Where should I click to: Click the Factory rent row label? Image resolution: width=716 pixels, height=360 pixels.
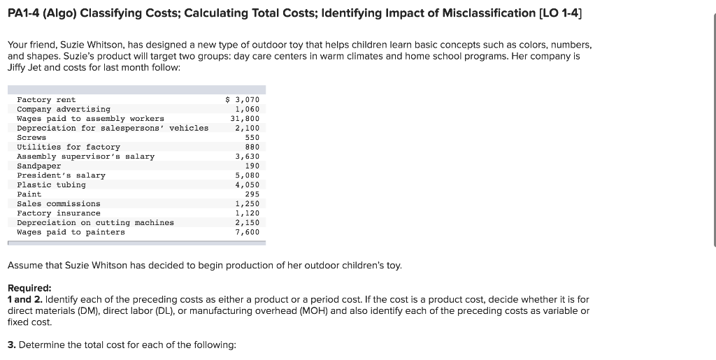46,100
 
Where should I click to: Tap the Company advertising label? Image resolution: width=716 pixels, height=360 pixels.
64,109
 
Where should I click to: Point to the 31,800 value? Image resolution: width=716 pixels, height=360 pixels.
245,119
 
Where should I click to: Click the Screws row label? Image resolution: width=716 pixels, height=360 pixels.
31,138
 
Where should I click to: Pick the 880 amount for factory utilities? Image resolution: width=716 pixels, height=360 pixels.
252,147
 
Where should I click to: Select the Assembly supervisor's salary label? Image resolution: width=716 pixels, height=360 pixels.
85,157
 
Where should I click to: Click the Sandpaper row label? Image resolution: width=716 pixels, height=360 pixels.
39,166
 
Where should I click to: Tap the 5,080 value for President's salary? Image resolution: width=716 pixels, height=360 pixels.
248,175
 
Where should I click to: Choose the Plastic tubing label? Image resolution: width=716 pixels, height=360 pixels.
51,185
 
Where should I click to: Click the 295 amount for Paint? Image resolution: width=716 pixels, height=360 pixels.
252,194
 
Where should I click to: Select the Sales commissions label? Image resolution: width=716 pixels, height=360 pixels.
59,203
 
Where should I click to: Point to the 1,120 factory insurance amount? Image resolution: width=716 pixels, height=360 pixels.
248,213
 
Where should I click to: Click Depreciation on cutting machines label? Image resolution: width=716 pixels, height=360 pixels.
95,222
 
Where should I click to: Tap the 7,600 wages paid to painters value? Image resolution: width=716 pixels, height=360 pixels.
248,232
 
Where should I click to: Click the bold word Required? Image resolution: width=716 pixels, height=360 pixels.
29,288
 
